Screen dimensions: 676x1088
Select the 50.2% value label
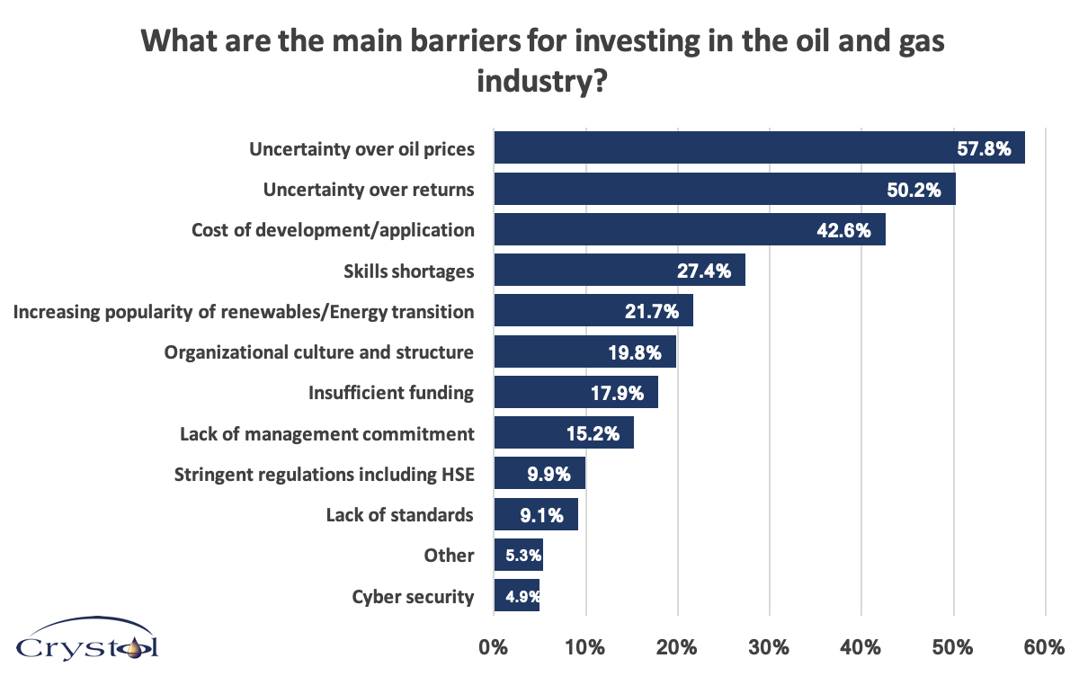(x=915, y=189)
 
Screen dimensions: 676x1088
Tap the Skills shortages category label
(x=408, y=271)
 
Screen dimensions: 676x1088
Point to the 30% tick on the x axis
(x=770, y=646)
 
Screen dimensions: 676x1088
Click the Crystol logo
(x=87, y=642)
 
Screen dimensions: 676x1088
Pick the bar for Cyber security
(x=516, y=596)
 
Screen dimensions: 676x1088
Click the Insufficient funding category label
(x=390, y=393)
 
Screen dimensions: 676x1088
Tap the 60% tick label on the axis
(x=1045, y=646)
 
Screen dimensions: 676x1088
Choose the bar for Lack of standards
(x=535, y=515)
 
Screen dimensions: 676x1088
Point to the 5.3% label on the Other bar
(x=522, y=556)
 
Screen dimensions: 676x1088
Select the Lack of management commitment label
(x=326, y=433)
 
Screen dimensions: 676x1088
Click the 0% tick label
(x=494, y=646)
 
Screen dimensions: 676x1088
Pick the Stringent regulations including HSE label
(x=324, y=474)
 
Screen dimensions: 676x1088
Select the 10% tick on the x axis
(x=585, y=646)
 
